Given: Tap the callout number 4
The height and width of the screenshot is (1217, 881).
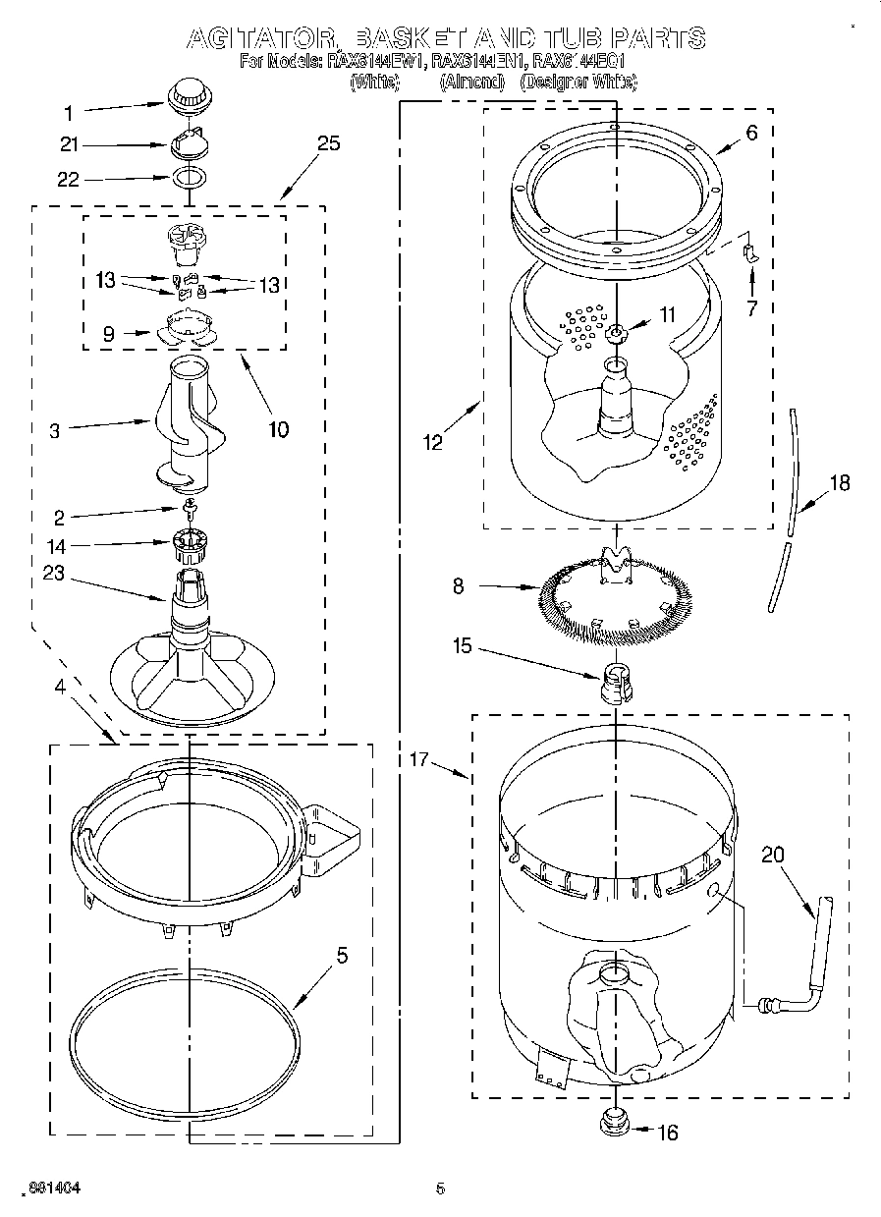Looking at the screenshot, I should click(x=61, y=687).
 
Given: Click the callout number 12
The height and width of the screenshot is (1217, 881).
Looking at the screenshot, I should click(x=433, y=442).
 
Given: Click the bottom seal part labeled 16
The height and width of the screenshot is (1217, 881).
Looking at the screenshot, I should click(x=614, y=1123).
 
